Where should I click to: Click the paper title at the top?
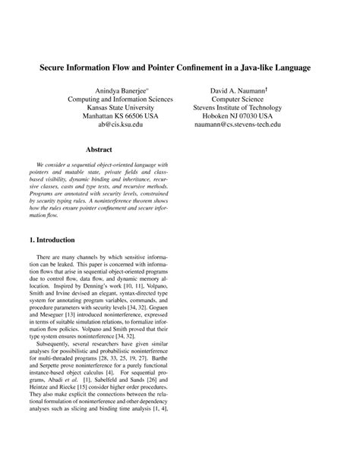[180, 68]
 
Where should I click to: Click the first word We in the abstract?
[41, 165]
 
